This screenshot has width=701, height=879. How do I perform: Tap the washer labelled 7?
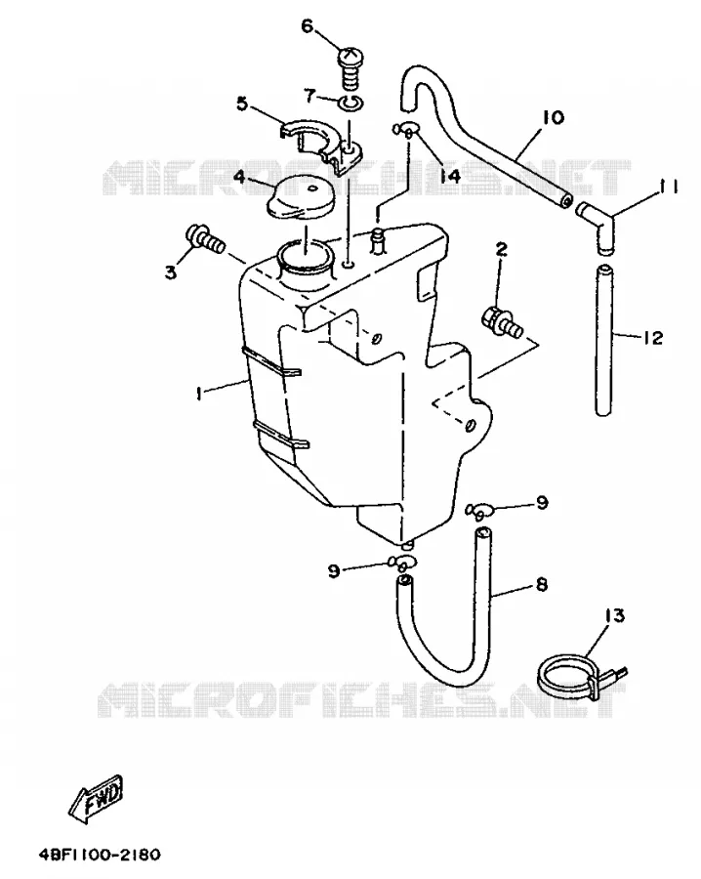coord(351,104)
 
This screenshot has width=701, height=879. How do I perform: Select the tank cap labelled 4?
coord(298,196)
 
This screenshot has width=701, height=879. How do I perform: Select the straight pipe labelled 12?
coord(603,341)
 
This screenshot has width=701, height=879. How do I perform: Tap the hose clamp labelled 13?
coord(581,675)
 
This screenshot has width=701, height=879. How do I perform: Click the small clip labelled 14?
coord(404,130)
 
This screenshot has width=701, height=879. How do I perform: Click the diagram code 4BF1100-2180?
coord(100,855)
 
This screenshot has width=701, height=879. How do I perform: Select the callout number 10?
coord(553,118)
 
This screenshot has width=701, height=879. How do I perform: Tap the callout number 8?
coord(541,585)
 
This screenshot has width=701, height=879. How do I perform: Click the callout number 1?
coord(199,394)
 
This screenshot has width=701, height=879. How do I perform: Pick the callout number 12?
coord(653,338)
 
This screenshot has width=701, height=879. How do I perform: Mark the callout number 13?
coord(613,615)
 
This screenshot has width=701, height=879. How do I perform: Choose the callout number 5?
coord(242,104)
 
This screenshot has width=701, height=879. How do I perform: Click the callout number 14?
coord(449,176)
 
